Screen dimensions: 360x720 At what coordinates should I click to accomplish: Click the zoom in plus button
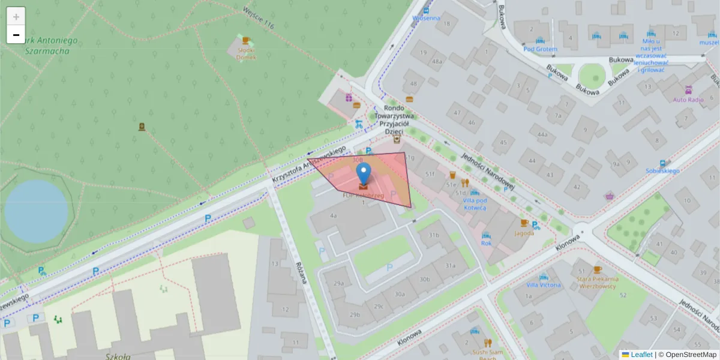(16, 17)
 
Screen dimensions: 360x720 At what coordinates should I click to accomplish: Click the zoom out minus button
(16, 35)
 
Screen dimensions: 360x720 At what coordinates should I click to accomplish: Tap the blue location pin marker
(364, 175)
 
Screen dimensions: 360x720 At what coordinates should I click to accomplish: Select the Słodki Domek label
(246, 53)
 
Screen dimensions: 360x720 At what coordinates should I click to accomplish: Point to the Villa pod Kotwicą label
(475, 204)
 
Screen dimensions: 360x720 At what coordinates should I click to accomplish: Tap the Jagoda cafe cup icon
(524, 223)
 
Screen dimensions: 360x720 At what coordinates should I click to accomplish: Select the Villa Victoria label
(544, 284)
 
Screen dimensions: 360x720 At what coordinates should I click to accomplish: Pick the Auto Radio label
(688, 100)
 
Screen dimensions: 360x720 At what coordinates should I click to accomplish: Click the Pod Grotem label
(540, 49)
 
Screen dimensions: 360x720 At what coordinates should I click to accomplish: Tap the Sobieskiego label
(662, 171)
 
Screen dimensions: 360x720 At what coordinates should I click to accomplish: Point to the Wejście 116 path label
(259, 17)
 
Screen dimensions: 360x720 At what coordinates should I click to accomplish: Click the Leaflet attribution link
(641, 355)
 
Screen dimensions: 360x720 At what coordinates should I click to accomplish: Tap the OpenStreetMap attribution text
(691, 355)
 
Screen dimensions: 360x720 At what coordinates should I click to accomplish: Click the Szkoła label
(121, 356)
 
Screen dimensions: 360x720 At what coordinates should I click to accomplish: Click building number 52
(623, 295)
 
